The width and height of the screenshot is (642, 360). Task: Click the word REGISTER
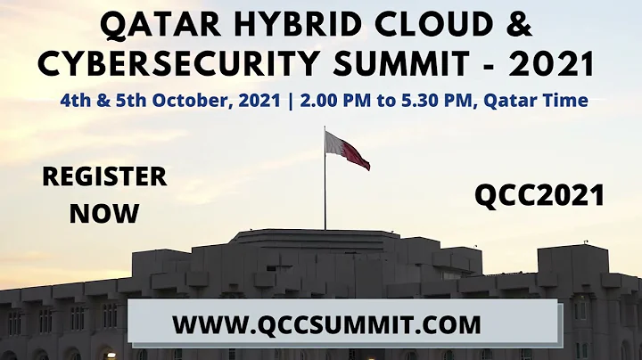pyautogui.click(x=104, y=176)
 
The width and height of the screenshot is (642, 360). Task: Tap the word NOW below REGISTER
pyautogui.click(x=104, y=213)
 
